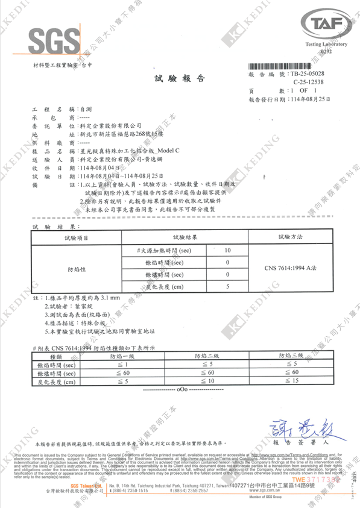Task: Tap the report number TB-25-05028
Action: tap(306, 72)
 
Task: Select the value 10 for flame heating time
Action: tap(227, 249)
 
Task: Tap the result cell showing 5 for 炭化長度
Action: tap(227, 286)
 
